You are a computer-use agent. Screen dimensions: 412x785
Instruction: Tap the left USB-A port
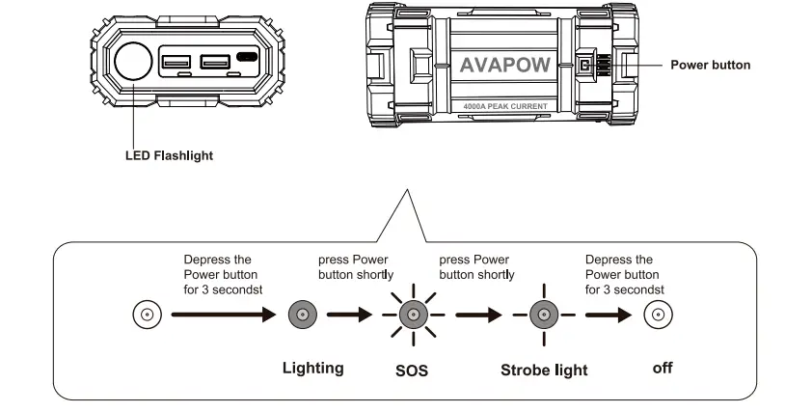point(176,63)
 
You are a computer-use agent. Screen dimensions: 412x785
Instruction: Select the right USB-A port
point(214,63)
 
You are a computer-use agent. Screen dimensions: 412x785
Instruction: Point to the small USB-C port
point(246,56)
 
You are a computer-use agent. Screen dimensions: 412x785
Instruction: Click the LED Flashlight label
point(169,154)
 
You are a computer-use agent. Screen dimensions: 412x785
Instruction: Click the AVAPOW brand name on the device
point(505,66)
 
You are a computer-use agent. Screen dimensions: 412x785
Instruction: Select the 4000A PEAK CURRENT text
point(505,106)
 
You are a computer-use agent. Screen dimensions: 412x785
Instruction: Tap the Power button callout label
point(710,65)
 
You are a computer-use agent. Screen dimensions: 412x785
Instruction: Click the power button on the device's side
point(585,65)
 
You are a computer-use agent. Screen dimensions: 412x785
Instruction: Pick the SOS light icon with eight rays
point(413,315)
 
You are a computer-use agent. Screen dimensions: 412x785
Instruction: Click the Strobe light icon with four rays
point(542,315)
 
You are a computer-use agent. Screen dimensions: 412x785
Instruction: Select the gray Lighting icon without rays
point(303,315)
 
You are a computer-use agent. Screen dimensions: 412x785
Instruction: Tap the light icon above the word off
point(659,315)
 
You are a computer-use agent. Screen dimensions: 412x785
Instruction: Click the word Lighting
point(312,368)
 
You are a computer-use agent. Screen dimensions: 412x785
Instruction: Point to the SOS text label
point(412,370)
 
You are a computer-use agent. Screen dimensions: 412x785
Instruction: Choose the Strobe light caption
point(544,370)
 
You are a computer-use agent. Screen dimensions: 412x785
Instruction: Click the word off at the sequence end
point(663,368)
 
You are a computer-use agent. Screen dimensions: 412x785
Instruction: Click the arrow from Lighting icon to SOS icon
point(349,315)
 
